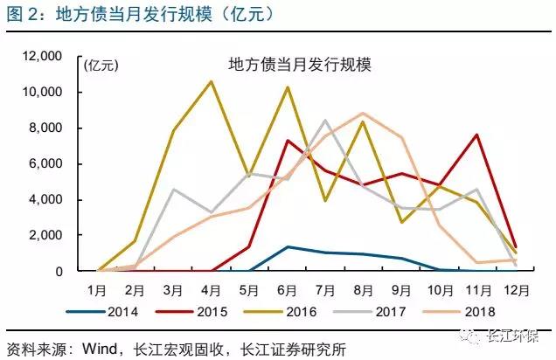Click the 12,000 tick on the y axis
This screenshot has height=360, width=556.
tap(39, 57)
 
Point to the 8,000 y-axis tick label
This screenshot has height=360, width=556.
tap(43, 128)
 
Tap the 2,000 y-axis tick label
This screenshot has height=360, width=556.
tap(43, 235)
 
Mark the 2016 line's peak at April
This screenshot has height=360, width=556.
tap(211, 82)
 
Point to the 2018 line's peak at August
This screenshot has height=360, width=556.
tap(363, 114)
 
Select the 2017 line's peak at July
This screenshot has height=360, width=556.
tap(325, 120)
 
